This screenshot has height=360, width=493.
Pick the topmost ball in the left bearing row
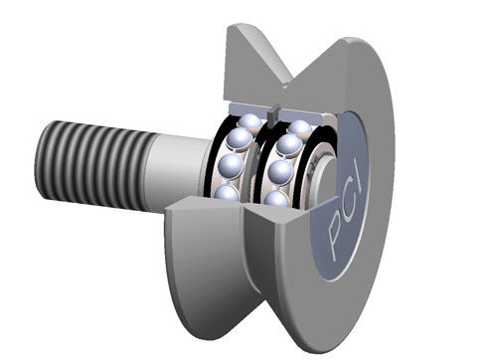click(x=251, y=122)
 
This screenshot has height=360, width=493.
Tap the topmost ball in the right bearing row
click(x=299, y=127)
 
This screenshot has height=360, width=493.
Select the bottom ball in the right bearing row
click(x=276, y=199)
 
